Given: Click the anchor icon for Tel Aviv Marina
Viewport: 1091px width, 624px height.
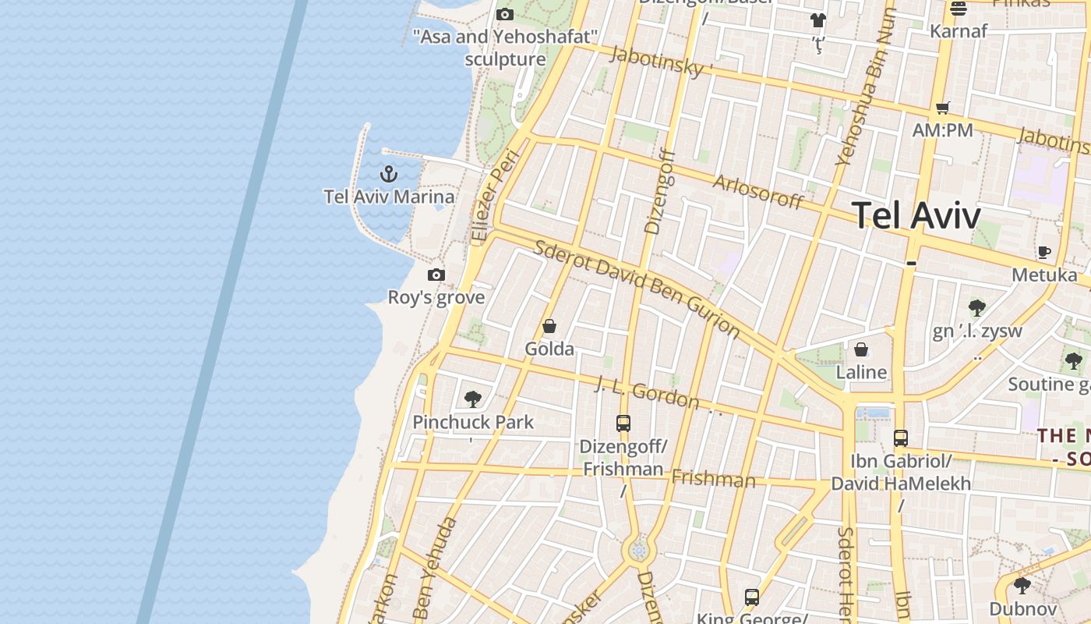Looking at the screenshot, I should [388, 173].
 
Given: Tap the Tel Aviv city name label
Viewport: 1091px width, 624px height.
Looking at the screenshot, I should [916, 215].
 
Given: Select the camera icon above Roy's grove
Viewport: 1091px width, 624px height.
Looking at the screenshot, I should [436, 275].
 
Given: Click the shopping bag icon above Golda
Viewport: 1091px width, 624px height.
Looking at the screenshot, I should [549, 326].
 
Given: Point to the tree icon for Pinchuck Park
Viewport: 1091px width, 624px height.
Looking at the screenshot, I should [472, 399].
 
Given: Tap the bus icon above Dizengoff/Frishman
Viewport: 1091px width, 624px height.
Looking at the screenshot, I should [623, 424].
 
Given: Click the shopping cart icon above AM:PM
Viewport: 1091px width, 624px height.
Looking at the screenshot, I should [943, 108].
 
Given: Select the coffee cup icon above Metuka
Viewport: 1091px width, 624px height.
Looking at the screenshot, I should [1044, 252].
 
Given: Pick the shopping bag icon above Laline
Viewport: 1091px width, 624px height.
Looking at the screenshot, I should [861, 349].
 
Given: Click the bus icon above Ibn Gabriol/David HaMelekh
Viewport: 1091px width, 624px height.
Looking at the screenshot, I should [901, 438].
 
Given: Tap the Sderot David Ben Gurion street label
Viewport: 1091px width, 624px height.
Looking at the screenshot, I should [637, 289].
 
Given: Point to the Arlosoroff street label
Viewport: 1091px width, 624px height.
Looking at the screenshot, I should [758, 191].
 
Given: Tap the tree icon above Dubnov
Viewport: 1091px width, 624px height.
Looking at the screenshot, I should [1022, 585].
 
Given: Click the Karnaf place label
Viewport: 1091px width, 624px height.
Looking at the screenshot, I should [959, 31].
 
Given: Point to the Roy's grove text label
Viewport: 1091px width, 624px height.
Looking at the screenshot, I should [436, 297].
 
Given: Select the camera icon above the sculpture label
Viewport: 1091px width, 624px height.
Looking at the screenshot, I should [505, 14].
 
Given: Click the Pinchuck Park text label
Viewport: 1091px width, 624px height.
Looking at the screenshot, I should [473, 422].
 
